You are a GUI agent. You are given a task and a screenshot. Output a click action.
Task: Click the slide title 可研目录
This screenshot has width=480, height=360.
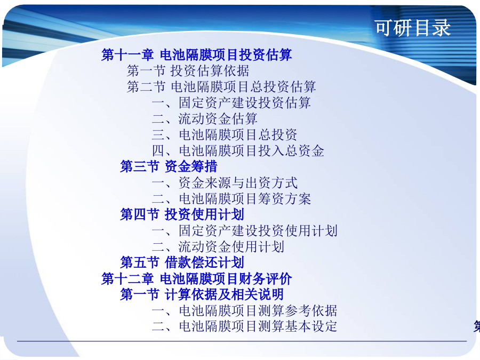tap(413, 28)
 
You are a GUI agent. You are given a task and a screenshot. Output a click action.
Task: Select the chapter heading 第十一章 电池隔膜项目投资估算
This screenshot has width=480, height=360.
tap(196, 55)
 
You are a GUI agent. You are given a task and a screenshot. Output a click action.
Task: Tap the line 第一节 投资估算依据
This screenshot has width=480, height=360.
tap(188, 71)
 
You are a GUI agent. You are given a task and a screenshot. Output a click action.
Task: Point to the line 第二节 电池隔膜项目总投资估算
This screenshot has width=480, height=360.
tap(221, 86)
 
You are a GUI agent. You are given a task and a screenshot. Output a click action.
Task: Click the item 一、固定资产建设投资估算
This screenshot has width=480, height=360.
tap(231, 102)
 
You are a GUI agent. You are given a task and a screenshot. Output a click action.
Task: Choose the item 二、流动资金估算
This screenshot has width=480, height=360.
tap(204, 118)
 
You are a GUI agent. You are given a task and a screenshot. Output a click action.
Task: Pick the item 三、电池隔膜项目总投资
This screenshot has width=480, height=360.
tap(225, 134)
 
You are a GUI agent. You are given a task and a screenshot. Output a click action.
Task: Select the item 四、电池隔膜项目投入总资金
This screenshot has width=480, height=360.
tap(238, 150)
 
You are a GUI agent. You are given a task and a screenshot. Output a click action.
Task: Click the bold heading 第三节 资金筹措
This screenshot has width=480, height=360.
tap(169, 166)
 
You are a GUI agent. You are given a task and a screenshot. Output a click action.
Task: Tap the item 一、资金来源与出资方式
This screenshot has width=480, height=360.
tap(225, 183)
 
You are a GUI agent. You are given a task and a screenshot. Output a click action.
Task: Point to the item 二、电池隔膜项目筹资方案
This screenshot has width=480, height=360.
tap(231, 199)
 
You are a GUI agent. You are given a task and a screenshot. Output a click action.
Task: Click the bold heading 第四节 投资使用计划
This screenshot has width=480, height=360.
tap(182, 214)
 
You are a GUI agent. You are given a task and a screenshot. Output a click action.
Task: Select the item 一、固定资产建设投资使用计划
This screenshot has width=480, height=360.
tap(245, 230)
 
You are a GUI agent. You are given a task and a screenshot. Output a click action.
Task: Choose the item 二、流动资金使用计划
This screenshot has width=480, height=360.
tap(218, 246)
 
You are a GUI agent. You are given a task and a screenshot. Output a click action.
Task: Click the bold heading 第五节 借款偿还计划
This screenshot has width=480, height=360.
tap(182, 262)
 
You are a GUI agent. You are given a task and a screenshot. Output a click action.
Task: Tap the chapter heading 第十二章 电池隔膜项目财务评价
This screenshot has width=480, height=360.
tap(196, 278)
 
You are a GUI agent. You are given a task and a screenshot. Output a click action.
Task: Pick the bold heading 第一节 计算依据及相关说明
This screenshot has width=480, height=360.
tap(202, 294)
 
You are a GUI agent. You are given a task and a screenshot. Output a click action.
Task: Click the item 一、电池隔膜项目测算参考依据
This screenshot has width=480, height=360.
tap(245, 310)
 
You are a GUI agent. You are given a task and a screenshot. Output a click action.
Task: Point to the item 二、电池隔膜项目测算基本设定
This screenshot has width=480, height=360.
tap(245, 326)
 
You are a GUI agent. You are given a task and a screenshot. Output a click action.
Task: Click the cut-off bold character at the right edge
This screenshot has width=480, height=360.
tap(477, 326)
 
